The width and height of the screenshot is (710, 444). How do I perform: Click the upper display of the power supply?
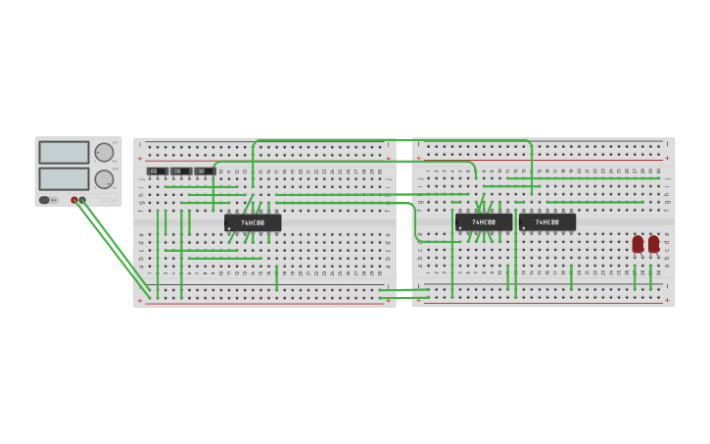(x=64, y=153)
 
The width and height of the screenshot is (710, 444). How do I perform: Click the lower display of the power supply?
(x=64, y=178)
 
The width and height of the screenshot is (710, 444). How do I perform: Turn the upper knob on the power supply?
(x=104, y=152)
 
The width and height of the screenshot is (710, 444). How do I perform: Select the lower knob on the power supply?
(x=104, y=179)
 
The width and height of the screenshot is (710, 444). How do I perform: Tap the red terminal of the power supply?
(x=74, y=200)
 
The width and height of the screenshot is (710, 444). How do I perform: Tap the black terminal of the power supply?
(x=82, y=200)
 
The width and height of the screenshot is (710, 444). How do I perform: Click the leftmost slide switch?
(x=157, y=172)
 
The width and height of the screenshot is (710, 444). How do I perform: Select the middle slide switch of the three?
(x=180, y=172)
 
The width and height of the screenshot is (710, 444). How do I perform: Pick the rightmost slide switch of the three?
(x=204, y=172)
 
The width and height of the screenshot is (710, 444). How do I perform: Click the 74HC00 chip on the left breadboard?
(x=253, y=222)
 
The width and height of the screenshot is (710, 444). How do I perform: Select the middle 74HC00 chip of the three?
(x=484, y=222)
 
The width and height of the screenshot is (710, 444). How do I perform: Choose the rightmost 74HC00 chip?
(x=547, y=222)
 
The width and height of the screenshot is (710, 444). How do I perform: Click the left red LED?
(x=638, y=243)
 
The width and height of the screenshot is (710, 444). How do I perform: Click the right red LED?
(x=653, y=243)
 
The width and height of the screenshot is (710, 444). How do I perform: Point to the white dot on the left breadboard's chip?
(x=229, y=228)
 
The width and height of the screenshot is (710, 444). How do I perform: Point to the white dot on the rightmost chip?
(x=524, y=228)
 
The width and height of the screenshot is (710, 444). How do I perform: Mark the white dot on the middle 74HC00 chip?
(x=460, y=228)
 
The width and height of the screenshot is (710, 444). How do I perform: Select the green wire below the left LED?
(x=635, y=277)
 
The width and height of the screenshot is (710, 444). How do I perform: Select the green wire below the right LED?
(x=650, y=277)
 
